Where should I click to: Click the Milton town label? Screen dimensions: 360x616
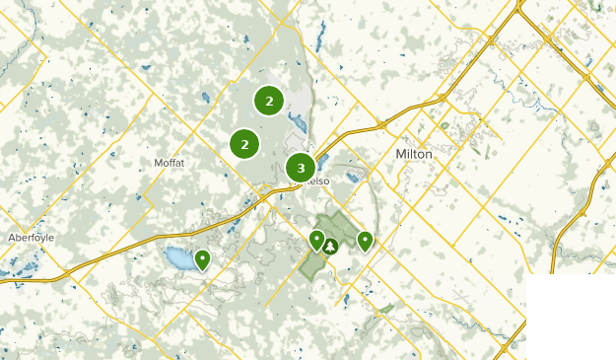[x=413, y=154]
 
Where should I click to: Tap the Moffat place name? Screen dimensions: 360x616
[x=170, y=162]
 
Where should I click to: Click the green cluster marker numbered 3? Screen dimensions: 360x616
[x=301, y=168]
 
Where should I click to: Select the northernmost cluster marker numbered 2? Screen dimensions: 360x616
[x=269, y=100]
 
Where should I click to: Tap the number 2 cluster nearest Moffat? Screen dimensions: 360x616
[x=244, y=144]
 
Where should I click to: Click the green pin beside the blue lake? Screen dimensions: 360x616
[x=202, y=259]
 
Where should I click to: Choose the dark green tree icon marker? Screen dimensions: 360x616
[x=331, y=246]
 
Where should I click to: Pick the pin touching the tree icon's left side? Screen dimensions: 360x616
[x=316, y=239]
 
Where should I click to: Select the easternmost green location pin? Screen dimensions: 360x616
[x=365, y=240]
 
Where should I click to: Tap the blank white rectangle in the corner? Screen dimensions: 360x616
[x=571, y=316]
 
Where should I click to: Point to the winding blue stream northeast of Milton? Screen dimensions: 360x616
[x=513, y=94]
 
